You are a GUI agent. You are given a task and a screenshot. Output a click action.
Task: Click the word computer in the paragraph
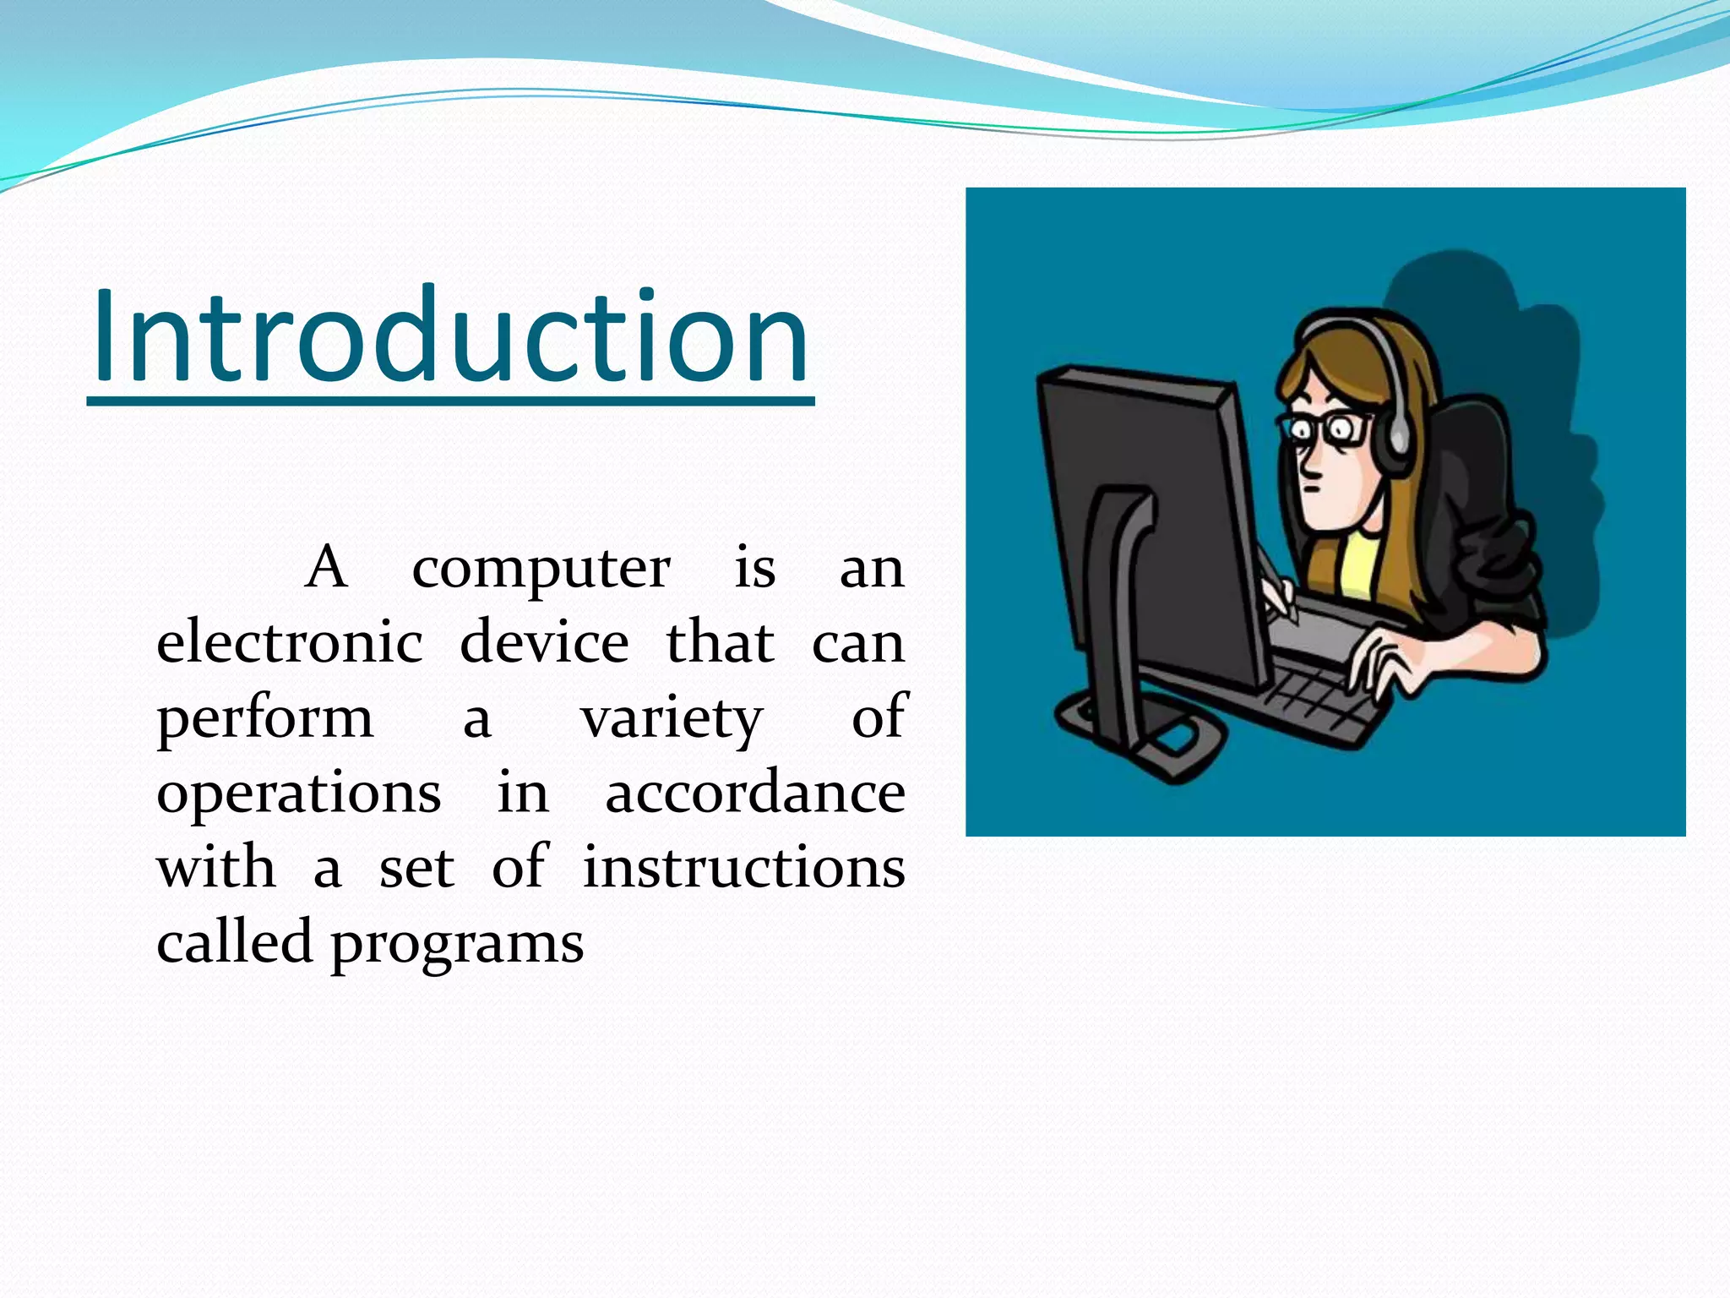pos(541,569)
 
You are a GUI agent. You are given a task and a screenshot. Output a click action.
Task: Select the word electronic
pos(290,642)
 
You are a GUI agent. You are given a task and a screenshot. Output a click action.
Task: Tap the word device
pos(544,642)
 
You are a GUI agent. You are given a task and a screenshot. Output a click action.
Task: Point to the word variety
pos(672,718)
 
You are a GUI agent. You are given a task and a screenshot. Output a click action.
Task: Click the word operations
pos(298,794)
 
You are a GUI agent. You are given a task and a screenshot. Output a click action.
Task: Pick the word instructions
pos(743,868)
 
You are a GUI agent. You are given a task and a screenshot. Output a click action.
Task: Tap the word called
pos(234,941)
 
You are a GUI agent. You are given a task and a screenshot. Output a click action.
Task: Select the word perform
pos(264,718)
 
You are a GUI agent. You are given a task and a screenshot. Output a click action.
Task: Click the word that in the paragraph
pos(720,642)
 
